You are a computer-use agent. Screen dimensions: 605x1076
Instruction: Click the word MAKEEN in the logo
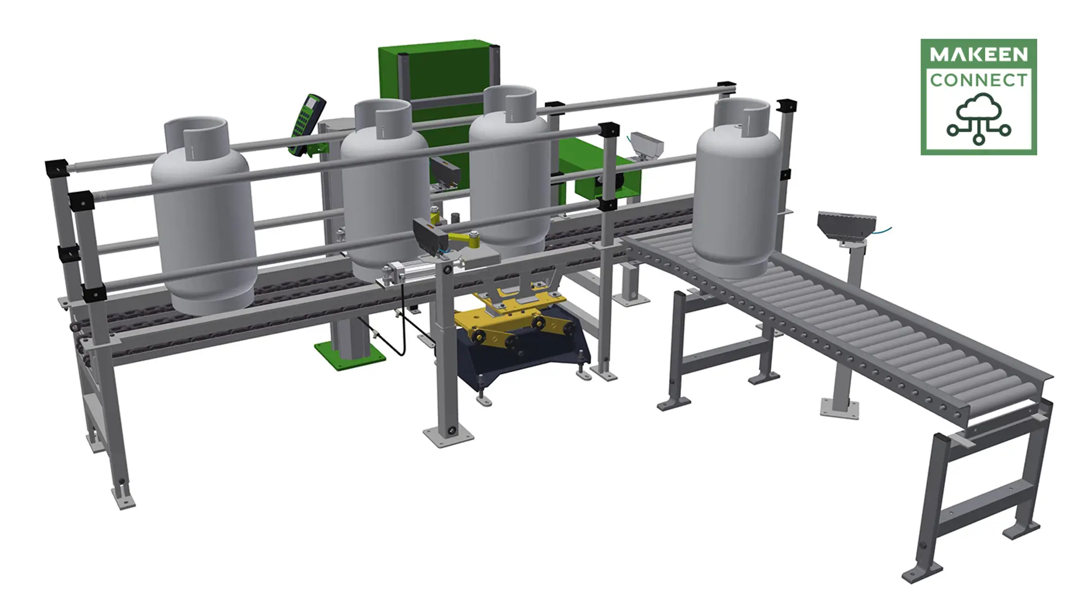point(978,54)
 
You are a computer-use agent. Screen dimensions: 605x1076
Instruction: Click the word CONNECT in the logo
point(978,80)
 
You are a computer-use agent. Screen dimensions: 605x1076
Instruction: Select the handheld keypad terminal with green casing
point(305,123)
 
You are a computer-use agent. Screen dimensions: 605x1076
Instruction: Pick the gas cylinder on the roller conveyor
point(738,196)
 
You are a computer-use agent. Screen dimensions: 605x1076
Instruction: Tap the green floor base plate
point(350,356)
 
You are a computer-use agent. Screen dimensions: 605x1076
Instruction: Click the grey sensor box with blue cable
point(846,227)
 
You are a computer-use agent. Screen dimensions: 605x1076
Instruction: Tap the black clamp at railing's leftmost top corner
point(56,167)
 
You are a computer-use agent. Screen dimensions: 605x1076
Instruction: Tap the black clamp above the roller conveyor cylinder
point(787,106)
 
